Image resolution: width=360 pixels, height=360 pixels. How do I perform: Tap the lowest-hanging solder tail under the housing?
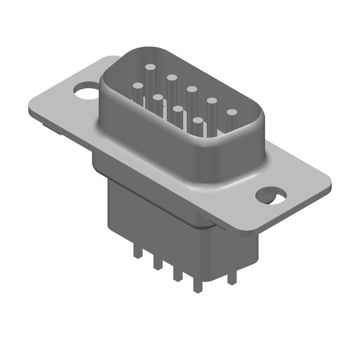pyautogui.click(x=197, y=286)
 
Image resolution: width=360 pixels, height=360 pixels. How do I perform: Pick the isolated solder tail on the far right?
pyautogui.click(x=232, y=277)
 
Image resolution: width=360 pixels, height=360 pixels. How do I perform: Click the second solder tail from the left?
pyautogui.click(x=157, y=264)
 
